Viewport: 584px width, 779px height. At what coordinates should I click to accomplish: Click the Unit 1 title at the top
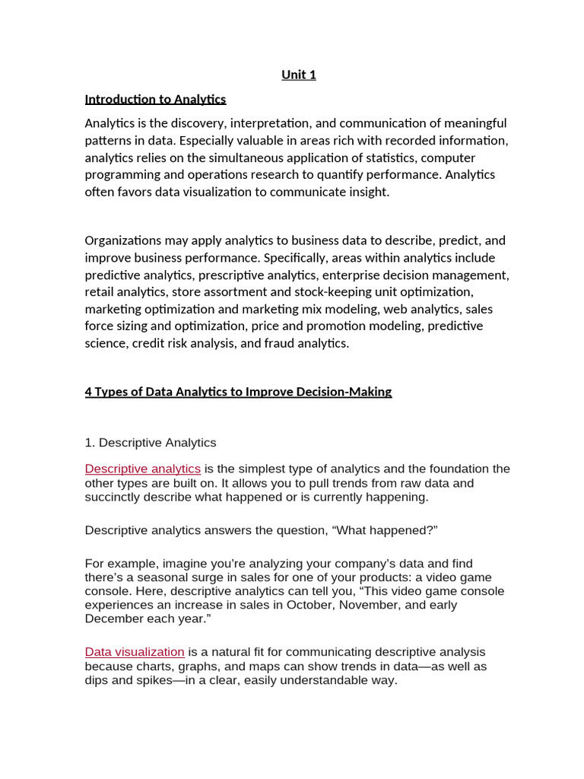coord(298,75)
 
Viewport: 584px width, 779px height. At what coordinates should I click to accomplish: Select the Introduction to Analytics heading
coord(155,99)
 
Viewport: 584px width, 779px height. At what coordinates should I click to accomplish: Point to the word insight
coord(366,192)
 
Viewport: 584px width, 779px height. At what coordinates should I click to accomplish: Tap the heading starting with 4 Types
coord(238,392)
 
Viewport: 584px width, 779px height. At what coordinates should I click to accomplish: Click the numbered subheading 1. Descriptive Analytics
coord(151,443)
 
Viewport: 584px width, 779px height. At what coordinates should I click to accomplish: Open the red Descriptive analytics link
coord(143,469)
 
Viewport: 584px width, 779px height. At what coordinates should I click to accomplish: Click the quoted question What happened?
coord(385,530)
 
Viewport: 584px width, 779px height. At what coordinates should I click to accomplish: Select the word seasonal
coord(140,577)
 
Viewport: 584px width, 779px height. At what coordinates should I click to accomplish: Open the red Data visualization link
coord(135,652)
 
